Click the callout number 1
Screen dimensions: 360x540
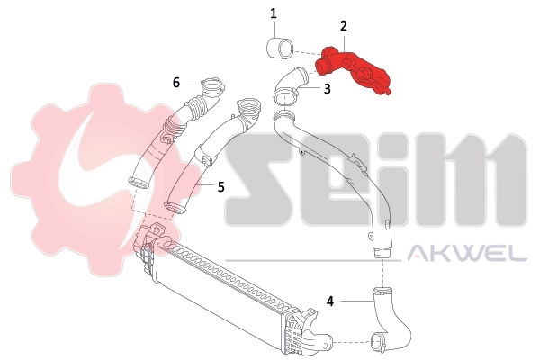coord(274,13)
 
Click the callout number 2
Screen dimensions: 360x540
coord(343,27)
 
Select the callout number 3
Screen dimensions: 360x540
coord(327,89)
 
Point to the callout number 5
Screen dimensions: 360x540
coord(220,186)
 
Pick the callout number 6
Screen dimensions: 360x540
coord(177,83)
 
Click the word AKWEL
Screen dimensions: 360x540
coord(468,255)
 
